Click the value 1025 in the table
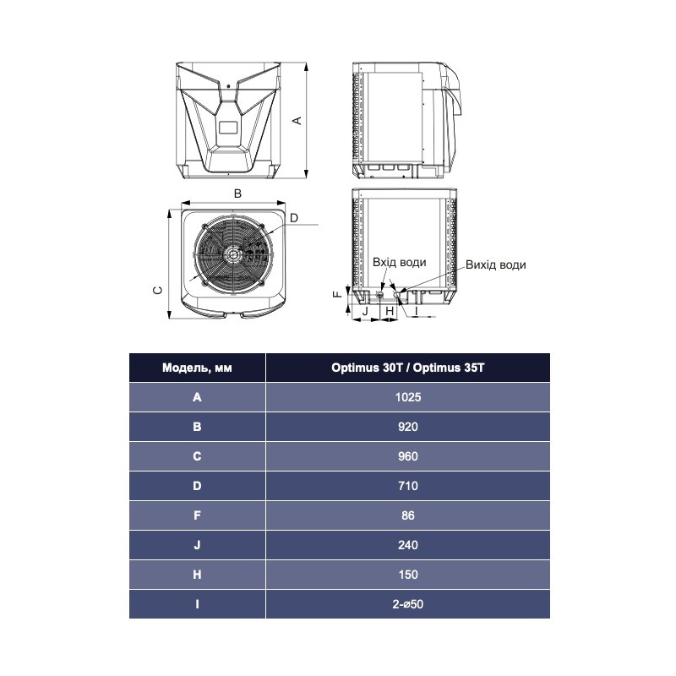pos(407,397)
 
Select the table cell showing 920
pos(407,427)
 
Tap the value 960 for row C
pos(407,456)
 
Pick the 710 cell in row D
pos(407,486)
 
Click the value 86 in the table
pos(407,515)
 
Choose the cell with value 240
pos(407,545)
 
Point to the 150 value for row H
pos(407,575)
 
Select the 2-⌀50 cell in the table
pos(407,604)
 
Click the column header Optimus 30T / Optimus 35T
pos(407,368)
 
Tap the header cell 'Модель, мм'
pos(197,368)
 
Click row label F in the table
pos(197,515)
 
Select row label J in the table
pos(197,545)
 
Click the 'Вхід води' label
pos(399,263)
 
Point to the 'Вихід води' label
pos(495,264)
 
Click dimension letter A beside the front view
pos(297,120)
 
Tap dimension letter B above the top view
pos(237,194)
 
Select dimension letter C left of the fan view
pos(156,290)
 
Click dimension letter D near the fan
pos(293,218)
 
